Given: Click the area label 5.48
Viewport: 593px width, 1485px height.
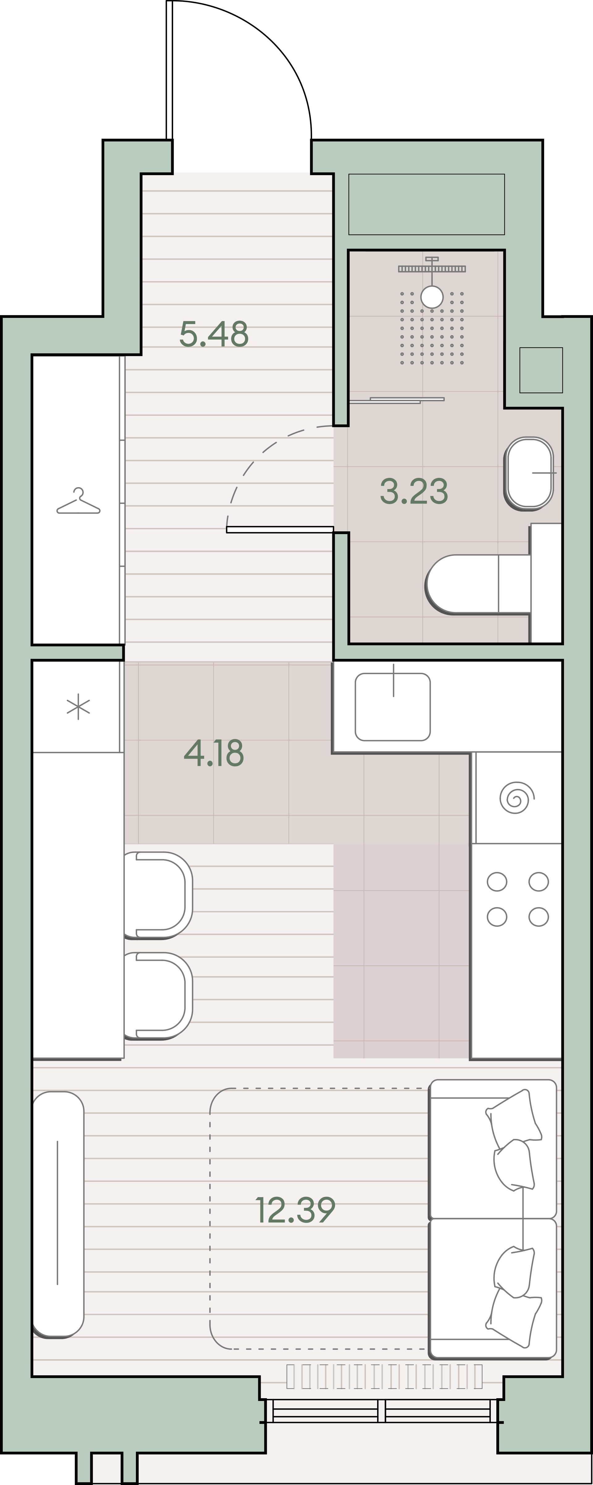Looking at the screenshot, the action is coord(214,334).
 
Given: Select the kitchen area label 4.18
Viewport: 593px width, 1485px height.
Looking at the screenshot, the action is coord(214,753).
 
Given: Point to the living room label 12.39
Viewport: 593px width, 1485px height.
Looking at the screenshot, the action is coord(295,1210).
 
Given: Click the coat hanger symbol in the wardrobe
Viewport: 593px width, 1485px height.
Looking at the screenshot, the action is coord(78,501).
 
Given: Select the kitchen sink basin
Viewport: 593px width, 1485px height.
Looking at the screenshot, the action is coord(393,707).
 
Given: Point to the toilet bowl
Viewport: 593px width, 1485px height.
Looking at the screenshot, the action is coord(477,584).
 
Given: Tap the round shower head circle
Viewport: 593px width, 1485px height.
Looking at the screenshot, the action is coord(432,297).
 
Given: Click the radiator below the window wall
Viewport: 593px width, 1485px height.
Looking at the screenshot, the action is coord(385,1376).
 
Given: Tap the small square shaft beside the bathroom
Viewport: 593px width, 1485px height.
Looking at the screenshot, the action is coord(541,370).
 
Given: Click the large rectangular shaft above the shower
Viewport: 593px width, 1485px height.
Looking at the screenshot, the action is coord(427,204).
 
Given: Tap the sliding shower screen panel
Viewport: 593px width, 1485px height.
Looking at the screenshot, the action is coord(397,400).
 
